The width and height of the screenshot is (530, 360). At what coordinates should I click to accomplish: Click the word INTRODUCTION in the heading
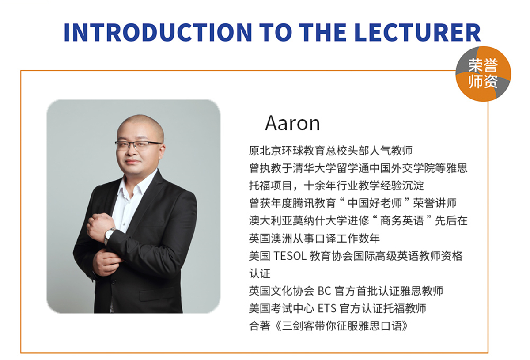pos(158,32)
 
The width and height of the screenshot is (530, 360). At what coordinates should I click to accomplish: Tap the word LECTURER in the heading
pos(418,32)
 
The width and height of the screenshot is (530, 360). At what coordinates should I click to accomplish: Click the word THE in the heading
pos(323,32)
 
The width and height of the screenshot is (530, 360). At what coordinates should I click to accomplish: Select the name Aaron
pos(292,123)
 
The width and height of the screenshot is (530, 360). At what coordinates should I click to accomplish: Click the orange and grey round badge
pos(483,74)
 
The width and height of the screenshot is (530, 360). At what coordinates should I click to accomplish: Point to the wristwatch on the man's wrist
pos(110,235)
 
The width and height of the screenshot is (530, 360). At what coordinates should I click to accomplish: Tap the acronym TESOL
pos(290,256)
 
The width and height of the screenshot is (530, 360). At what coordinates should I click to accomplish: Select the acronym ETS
pos(327,308)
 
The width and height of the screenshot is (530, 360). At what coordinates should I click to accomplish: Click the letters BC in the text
pos(324,291)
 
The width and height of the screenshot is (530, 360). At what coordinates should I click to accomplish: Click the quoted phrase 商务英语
pos(402,220)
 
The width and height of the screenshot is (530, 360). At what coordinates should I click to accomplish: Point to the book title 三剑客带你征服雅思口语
pos(342,326)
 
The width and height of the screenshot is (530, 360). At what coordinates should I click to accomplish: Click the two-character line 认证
pos(260,273)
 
